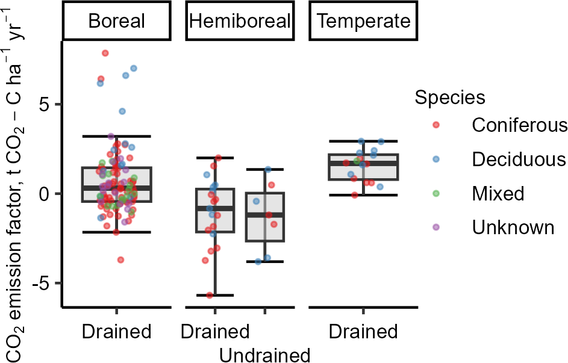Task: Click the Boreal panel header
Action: pyautogui.click(x=117, y=20)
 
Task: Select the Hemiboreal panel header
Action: pyautogui.click(x=240, y=20)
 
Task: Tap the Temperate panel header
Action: pyautogui.click(x=363, y=20)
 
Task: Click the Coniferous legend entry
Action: pyautogui.click(x=500, y=125)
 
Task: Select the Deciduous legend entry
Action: pyautogui.click(x=499, y=160)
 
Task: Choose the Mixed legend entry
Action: pyautogui.click(x=478, y=193)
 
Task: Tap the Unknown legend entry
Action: pyautogui.click(x=493, y=228)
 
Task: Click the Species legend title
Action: pyautogui.click(x=450, y=97)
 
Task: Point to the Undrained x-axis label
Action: pyautogui.click(x=265, y=355)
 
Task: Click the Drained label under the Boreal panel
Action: pyautogui.click(x=117, y=332)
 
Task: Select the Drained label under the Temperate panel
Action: pyautogui.click(x=363, y=332)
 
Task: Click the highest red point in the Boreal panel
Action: pyautogui.click(x=105, y=53)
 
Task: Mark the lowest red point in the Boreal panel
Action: pyautogui.click(x=120, y=259)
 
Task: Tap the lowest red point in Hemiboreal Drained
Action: pyautogui.click(x=210, y=296)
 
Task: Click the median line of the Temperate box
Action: pyautogui.click(x=363, y=164)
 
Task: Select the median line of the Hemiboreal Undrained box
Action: pyautogui.click(x=265, y=215)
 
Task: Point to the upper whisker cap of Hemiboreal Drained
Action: pyautogui.click(x=215, y=158)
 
